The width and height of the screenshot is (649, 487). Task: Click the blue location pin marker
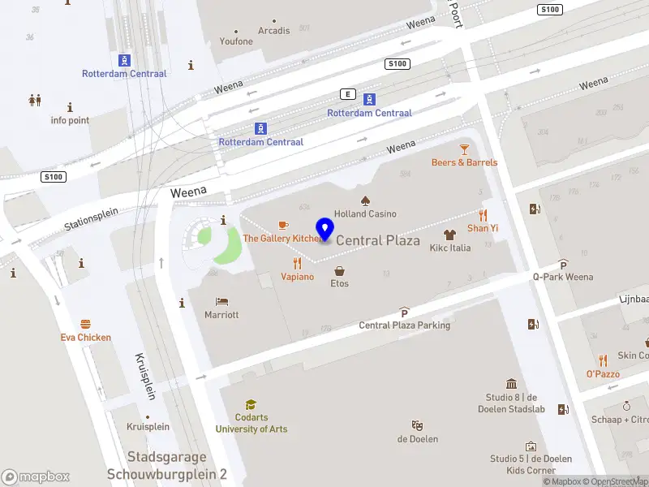[325, 230]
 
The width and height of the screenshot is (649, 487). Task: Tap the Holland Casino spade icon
[365, 200]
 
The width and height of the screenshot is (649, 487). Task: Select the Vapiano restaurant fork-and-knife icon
[297, 263]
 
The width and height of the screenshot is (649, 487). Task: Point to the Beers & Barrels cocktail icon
[464, 149]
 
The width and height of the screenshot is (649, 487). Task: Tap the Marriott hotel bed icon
[221, 301]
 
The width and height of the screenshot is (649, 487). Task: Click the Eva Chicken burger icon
[85, 324]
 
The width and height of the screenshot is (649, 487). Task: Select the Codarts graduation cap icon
[251, 404]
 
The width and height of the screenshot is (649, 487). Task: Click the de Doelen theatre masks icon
[417, 425]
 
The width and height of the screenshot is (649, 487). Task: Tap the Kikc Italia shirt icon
[449, 234]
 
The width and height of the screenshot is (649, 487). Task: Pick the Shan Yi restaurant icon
[483, 215]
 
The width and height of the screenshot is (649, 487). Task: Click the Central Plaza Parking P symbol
[404, 312]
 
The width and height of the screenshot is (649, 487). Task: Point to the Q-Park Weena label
[562, 277]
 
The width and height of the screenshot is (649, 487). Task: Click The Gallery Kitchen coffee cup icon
[283, 225]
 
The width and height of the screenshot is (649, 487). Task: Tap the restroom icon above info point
[35, 100]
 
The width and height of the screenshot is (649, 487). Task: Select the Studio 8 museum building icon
[511, 384]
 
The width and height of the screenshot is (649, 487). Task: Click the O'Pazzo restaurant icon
[603, 360]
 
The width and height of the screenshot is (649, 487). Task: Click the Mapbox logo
[35, 477]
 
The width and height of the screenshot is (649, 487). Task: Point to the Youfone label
[237, 41]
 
